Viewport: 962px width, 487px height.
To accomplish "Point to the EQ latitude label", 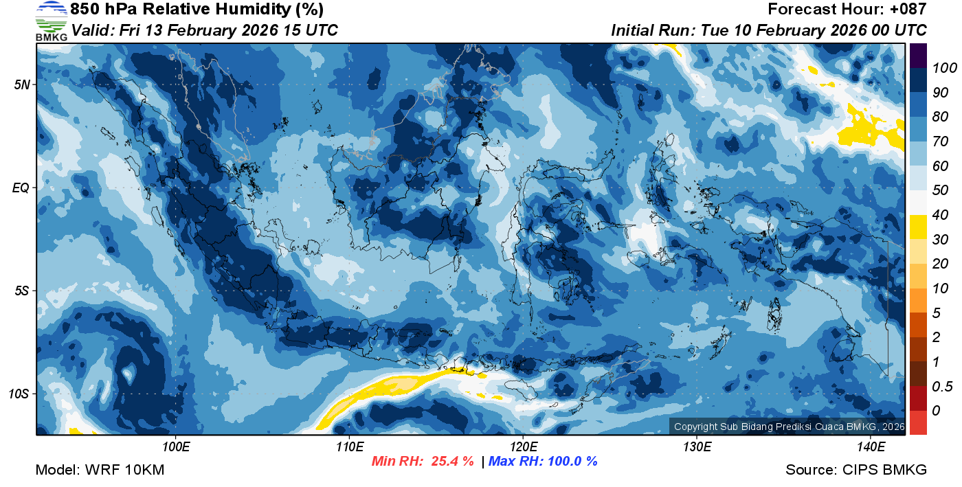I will coord(21,188).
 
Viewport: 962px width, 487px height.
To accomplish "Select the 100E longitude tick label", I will coord(177,447).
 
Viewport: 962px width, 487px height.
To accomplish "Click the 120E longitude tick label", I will coord(523,447).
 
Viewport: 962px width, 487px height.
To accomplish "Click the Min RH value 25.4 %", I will coord(451,462).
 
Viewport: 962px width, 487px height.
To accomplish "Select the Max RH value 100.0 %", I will coord(570,462).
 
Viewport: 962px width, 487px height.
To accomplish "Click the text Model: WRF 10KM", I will coord(100,471).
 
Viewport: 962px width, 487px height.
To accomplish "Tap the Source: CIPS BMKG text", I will coord(856,471).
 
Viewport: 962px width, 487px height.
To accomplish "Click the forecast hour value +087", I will coord(907,10).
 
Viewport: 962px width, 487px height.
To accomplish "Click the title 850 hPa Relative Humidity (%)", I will coord(197,10).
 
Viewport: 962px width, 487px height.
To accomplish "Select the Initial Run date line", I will coord(768,31).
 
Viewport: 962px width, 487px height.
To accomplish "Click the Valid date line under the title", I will coord(205,31).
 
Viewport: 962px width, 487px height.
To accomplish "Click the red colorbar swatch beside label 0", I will coord(918,422).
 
